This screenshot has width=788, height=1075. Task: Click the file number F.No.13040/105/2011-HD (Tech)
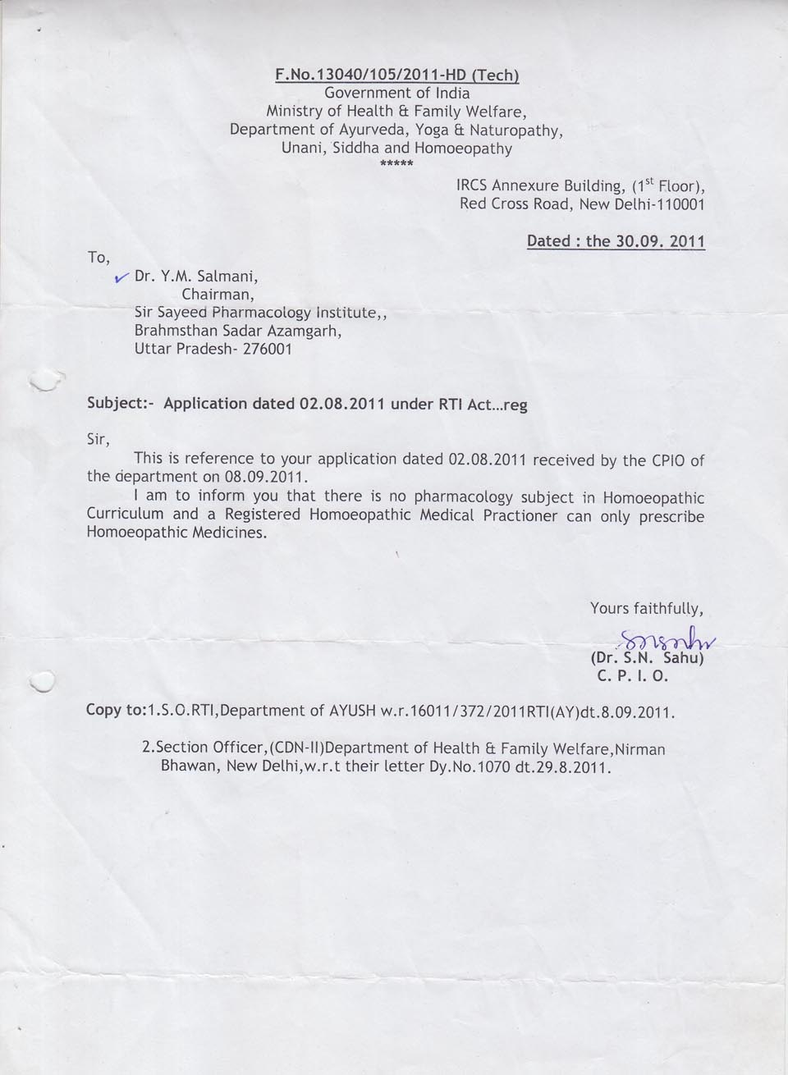397,75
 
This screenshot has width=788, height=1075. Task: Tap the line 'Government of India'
397,93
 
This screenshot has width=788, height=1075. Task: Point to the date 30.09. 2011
660,241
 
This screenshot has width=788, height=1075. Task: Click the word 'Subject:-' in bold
121,404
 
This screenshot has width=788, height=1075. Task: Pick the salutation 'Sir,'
98,440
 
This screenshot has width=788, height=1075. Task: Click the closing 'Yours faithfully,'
647,608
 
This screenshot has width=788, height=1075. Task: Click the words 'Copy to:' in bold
115,710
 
